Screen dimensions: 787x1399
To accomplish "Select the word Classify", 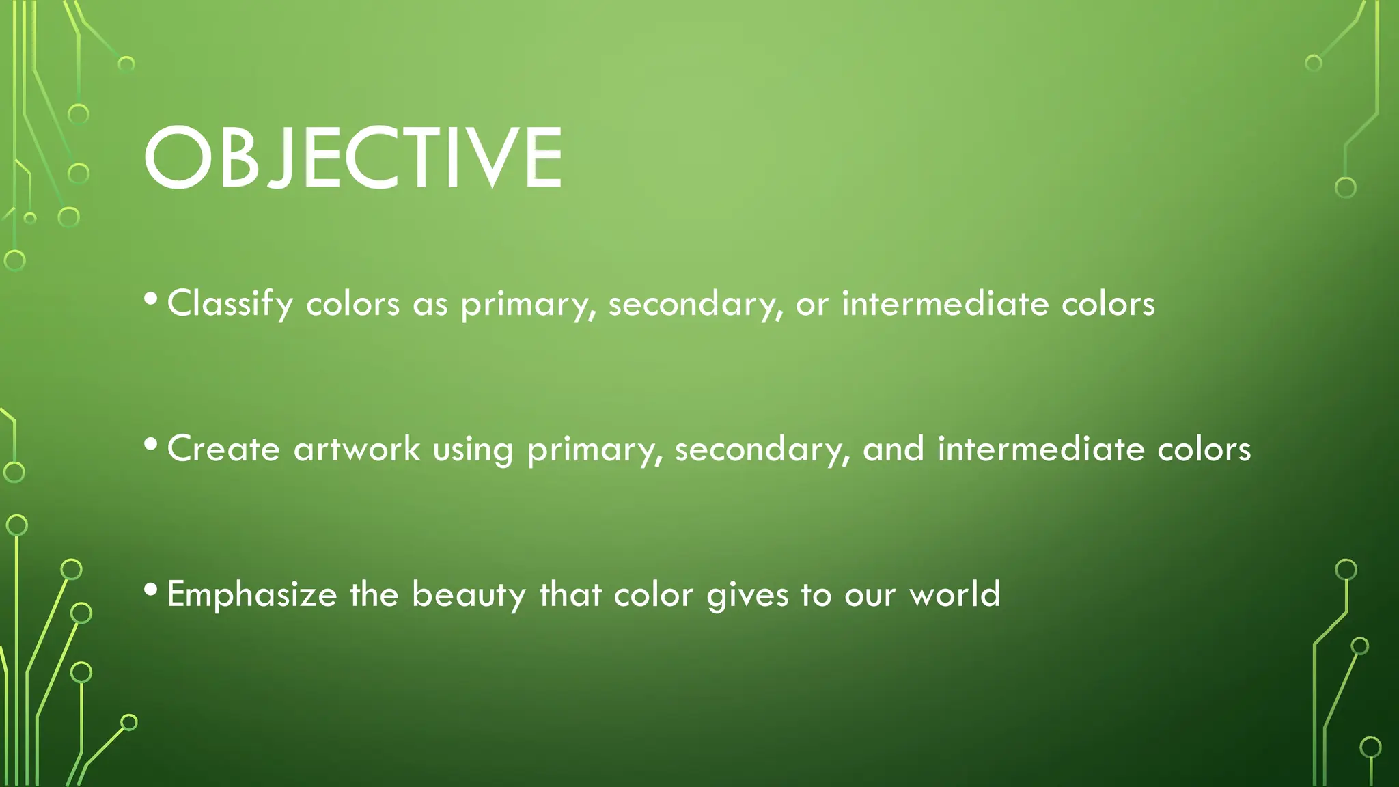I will (x=230, y=304).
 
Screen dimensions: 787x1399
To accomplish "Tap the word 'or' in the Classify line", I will (x=812, y=305).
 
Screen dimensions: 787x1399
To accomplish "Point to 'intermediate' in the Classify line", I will (x=945, y=304).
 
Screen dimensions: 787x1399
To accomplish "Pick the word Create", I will (x=223, y=450).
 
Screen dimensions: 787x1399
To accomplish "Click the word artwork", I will (x=357, y=450).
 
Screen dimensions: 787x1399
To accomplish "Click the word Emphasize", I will (x=251, y=595).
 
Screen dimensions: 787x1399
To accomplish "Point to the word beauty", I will (x=469, y=595).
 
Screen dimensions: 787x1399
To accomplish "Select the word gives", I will (x=747, y=595).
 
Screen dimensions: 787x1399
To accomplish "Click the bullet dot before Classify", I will (x=152, y=299).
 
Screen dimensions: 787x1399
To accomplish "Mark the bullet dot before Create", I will (x=152, y=445).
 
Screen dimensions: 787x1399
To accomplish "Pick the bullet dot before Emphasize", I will (x=152, y=590).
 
